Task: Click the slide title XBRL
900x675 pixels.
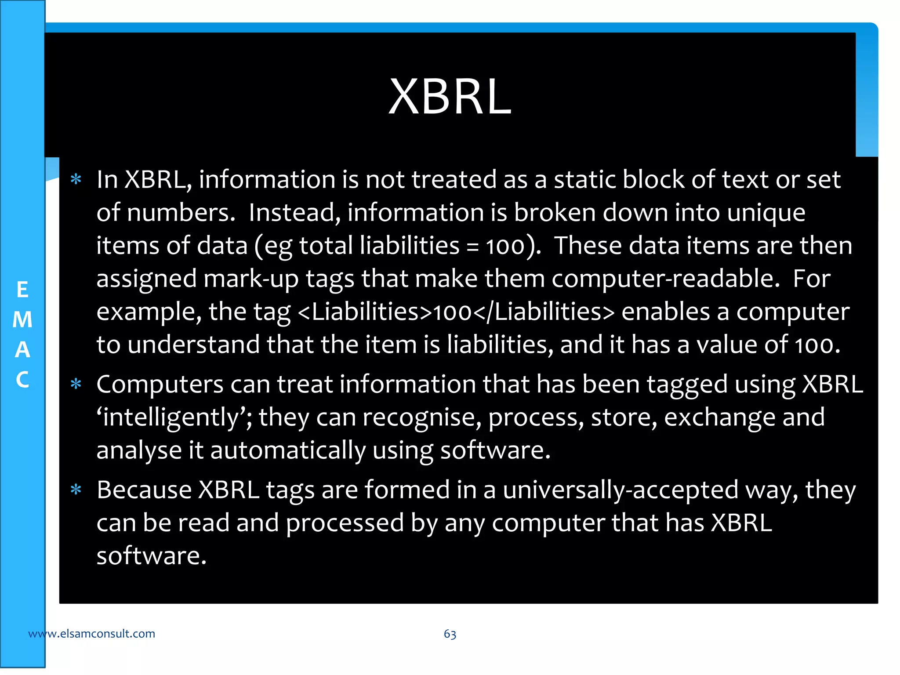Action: [450, 97]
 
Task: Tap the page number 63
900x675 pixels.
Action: [450, 634]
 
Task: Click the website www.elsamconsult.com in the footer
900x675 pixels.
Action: [91, 634]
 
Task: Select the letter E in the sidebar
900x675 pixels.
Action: [22, 290]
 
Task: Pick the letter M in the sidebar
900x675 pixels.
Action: [22, 319]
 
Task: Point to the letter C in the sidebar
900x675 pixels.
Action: [22, 380]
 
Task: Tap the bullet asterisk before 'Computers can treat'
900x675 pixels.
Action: [76, 385]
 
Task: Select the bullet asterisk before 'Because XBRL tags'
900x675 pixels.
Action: [76, 490]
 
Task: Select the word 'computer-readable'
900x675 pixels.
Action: [665, 279]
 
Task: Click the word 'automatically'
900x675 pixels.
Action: [288, 450]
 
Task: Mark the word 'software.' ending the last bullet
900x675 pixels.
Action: [151, 556]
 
